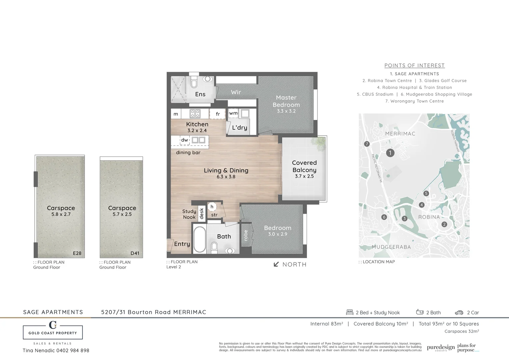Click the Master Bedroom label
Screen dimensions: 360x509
point(286,101)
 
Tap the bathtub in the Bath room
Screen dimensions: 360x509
point(200,240)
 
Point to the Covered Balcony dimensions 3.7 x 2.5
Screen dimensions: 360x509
point(304,176)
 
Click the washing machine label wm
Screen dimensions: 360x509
point(233,113)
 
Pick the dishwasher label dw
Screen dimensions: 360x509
point(185,140)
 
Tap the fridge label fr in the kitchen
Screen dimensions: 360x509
point(218,114)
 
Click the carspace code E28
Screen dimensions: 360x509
point(77,253)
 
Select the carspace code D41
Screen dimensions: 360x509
point(135,253)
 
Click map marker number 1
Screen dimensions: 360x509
point(390,153)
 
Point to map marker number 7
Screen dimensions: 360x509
point(367,144)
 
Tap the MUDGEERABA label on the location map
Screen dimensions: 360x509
point(391,247)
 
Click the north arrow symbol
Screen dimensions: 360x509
point(276,264)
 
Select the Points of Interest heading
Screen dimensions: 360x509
point(414,66)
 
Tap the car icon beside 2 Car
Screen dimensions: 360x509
point(459,313)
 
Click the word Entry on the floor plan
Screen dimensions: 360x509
point(182,244)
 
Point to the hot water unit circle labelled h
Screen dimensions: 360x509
point(212,207)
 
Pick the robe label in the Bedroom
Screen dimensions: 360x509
point(246,235)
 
